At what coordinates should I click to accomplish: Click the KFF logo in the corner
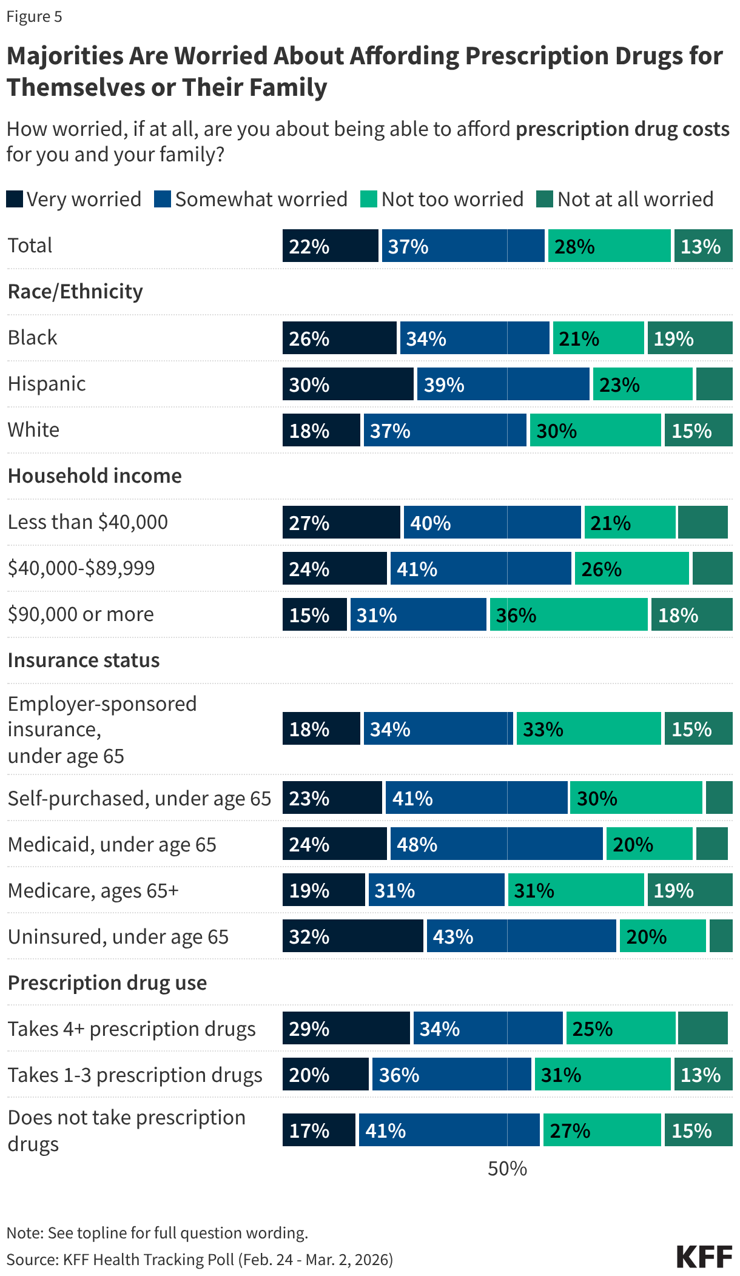pyautogui.click(x=704, y=1257)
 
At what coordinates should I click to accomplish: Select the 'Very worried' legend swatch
pyautogui.click(x=15, y=199)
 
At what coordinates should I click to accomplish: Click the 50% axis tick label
pyautogui.click(x=507, y=1168)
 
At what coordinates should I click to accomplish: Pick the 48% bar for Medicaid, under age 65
pyautogui.click(x=496, y=844)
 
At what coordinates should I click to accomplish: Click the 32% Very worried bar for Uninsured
pyautogui.click(x=352, y=936)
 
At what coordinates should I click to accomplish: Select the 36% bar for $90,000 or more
pyautogui.click(x=569, y=614)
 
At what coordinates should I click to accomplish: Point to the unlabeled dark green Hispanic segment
pyautogui.click(x=714, y=384)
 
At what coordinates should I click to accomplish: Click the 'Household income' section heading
pyautogui.click(x=95, y=475)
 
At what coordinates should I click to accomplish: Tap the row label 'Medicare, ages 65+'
pyautogui.click(x=93, y=890)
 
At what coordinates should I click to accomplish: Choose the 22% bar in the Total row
pyautogui.click(x=330, y=246)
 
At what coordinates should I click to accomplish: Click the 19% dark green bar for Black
pyautogui.click(x=690, y=338)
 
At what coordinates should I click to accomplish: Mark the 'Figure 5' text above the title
pyautogui.click(x=34, y=16)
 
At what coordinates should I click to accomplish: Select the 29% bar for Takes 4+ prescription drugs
pyautogui.click(x=346, y=1028)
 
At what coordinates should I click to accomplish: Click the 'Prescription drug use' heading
pyautogui.click(x=107, y=982)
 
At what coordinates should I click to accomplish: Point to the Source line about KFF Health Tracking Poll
pyautogui.click(x=200, y=1259)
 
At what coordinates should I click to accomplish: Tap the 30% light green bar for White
pyautogui.click(x=595, y=430)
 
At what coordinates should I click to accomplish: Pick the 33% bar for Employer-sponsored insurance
pyautogui.click(x=588, y=728)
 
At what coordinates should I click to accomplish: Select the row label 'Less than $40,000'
pyautogui.click(x=88, y=522)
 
